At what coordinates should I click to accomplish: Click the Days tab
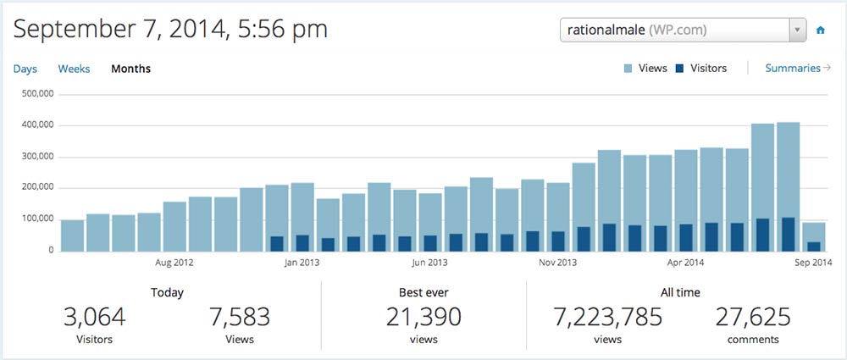click(25, 69)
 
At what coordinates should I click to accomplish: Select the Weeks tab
click(74, 69)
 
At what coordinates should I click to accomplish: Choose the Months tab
click(130, 69)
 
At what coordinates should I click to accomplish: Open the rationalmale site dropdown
click(683, 30)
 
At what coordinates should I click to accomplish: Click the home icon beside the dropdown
click(820, 30)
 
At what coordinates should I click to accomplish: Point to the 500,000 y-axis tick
click(36, 94)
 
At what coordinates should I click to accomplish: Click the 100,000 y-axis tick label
click(36, 219)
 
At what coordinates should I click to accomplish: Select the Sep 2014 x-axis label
click(814, 263)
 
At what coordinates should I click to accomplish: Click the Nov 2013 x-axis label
click(558, 263)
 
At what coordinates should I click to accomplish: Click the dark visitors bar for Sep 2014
click(814, 246)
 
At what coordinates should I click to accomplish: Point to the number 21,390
click(423, 318)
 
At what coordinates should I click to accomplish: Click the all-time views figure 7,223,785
click(608, 318)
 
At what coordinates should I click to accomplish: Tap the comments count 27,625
click(753, 318)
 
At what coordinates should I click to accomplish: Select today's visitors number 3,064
click(94, 318)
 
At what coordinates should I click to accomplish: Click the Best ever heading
click(423, 292)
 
